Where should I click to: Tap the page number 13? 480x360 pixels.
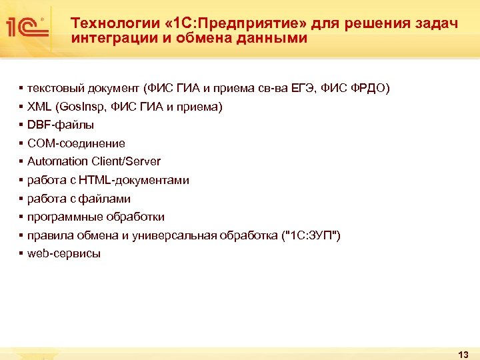[x=464, y=353]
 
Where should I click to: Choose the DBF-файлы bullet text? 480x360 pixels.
[x=61, y=125]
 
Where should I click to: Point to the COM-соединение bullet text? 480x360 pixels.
[x=76, y=143]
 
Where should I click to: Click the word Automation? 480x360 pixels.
[x=57, y=161]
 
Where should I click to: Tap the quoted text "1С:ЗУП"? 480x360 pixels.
[x=312, y=235]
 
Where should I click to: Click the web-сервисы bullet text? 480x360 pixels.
[x=64, y=254]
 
